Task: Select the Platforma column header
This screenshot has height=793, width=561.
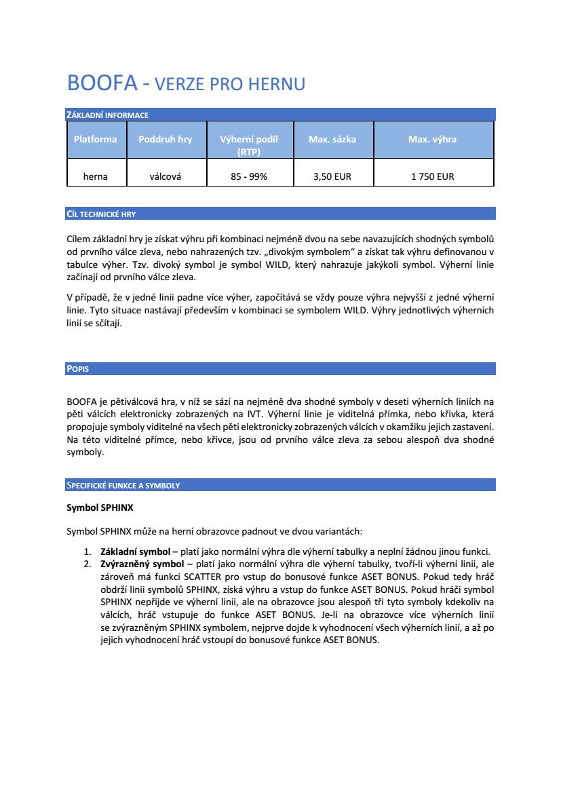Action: tap(96, 139)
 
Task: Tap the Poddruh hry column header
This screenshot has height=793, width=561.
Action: tap(165, 139)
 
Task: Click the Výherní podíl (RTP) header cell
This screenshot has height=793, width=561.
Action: tap(249, 145)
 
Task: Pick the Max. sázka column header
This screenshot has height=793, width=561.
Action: tap(332, 139)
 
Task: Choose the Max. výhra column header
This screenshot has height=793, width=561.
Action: tap(432, 139)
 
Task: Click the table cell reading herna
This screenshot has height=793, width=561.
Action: tap(96, 176)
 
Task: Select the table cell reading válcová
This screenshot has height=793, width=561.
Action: tap(165, 176)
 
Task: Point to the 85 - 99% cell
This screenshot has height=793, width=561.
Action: tap(249, 176)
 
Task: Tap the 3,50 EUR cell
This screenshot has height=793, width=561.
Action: tap(332, 176)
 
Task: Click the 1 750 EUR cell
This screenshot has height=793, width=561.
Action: tap(432, 176)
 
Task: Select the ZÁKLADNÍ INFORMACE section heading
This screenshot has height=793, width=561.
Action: tap(107, 115)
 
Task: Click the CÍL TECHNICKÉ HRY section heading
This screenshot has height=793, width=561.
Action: tap(101, 214)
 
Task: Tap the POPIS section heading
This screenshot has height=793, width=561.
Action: tap(78, 369)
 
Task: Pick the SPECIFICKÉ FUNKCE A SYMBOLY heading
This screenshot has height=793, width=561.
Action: tap(123, 485)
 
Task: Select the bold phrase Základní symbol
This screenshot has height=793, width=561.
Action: tap(135, 551)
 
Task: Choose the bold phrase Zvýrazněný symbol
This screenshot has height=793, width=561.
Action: tap(142, 563)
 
